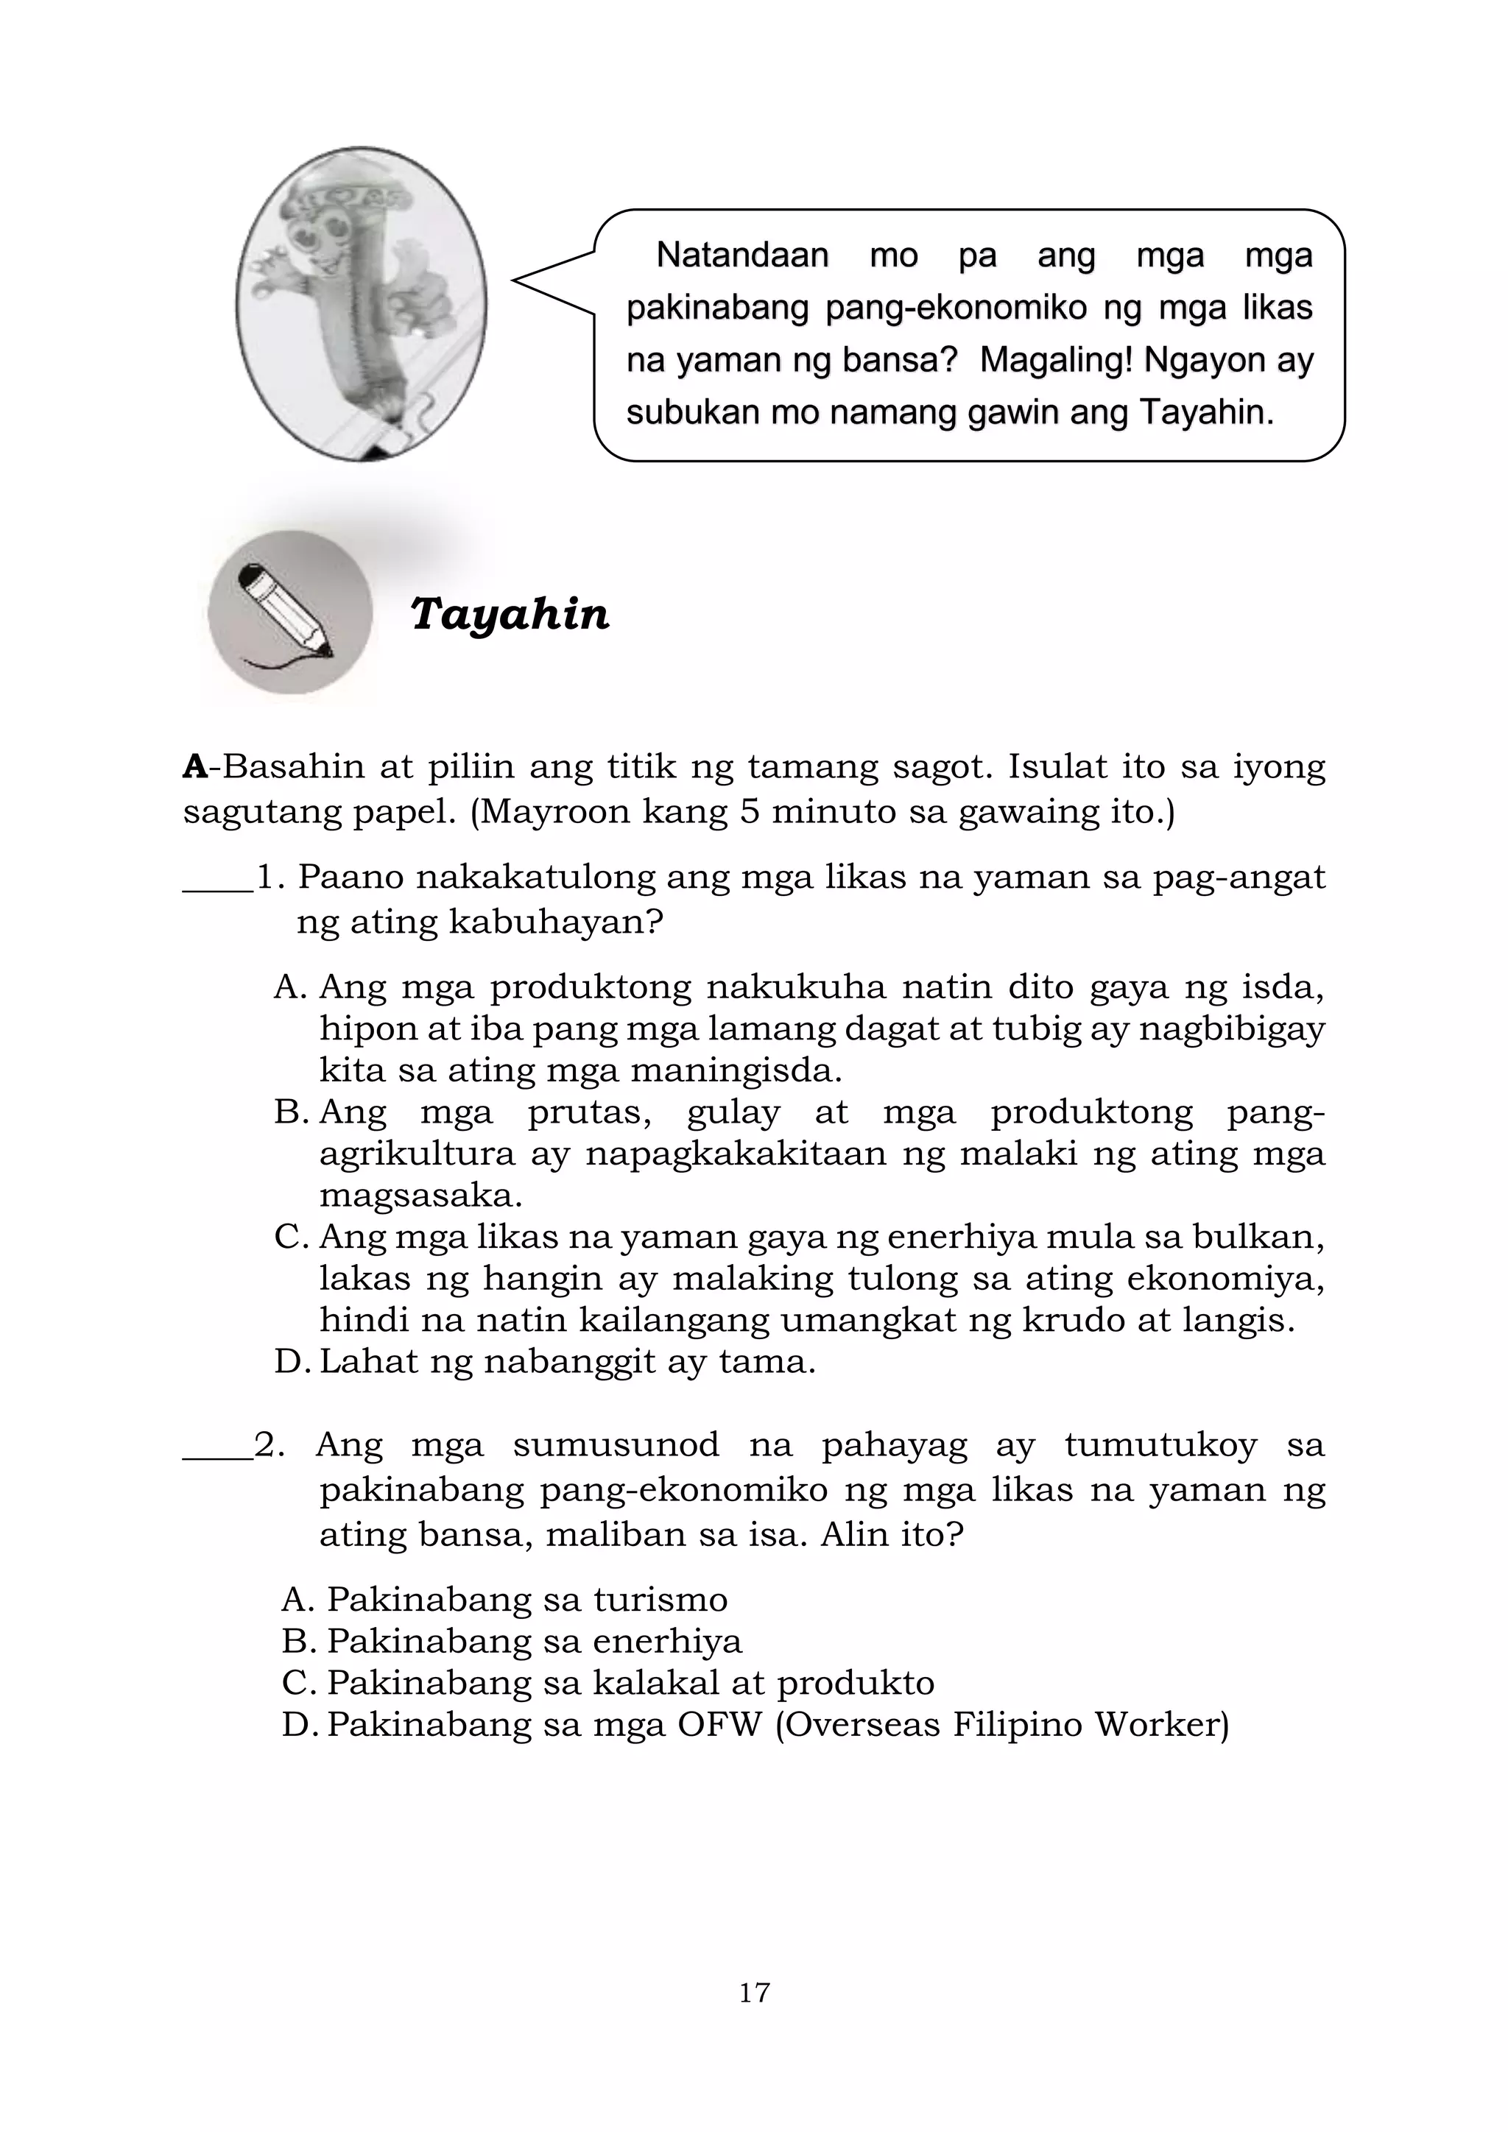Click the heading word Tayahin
(509, 615)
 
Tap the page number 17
(754, 1992)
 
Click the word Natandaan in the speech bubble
(742, 255)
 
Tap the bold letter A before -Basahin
(195, 767)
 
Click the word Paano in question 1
(349, 878)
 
